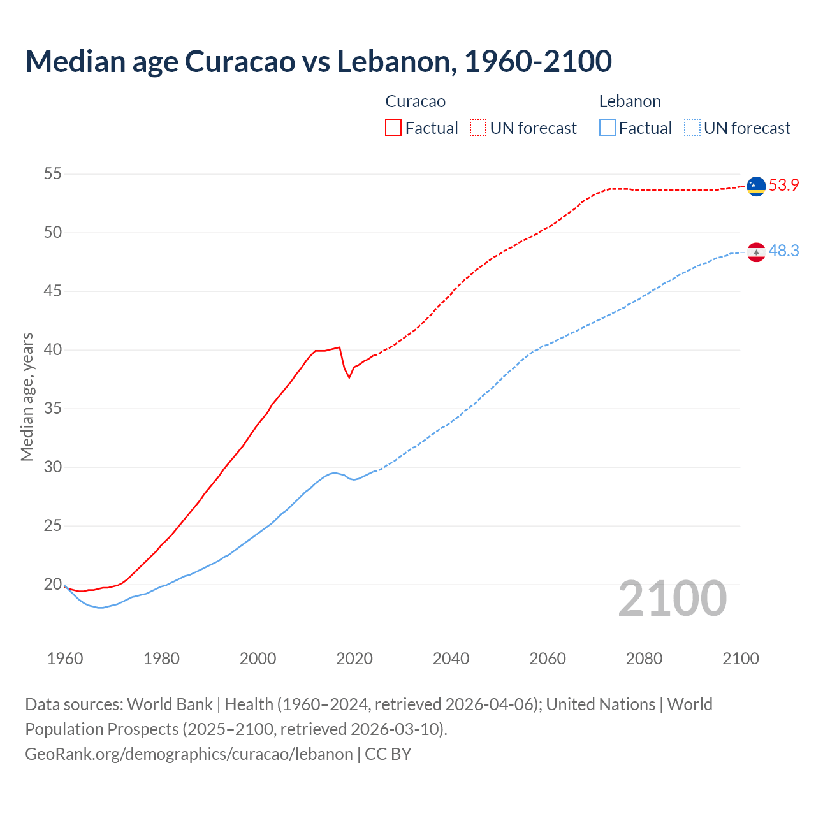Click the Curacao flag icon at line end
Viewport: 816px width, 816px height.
pos(756,186)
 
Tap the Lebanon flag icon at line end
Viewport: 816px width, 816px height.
pos(756,252)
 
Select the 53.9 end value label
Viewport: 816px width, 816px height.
pos(783,185)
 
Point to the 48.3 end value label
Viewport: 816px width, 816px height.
pos(783,251)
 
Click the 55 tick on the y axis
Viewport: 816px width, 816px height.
pos(53,173)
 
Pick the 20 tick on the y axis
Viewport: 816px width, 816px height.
pos(53,584)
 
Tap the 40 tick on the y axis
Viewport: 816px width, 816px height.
pos(53,349)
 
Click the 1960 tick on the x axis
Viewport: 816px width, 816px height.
pos(65,659)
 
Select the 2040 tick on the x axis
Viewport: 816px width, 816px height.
pos(451,659)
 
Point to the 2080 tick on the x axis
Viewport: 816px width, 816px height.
pos(644,659)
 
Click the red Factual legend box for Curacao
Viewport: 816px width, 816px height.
pos(393,128)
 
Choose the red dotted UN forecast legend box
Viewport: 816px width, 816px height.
pos(478,128)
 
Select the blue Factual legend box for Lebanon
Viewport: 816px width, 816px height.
pos(608,128)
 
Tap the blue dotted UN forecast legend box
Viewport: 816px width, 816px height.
pos(692,128)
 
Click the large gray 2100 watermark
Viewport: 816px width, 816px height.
pos(673,598)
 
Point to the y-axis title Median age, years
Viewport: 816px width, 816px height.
pos(27,397)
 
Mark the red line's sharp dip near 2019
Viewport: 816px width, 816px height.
pos(349,377)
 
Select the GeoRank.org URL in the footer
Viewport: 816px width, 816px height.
pos(189,754)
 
